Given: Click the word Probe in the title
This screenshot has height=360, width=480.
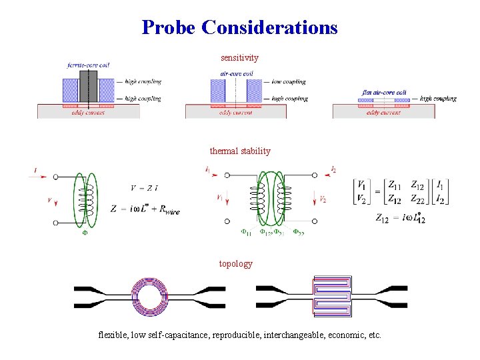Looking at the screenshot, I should click(169, 27).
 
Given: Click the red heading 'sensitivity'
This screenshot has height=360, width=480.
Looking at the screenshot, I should click(239, 58).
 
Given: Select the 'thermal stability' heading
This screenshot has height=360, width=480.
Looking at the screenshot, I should click(240, 151).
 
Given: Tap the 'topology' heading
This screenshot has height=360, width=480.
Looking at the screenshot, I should click(236, 263).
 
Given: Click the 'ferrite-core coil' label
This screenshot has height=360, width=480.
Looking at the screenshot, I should click(89, 65).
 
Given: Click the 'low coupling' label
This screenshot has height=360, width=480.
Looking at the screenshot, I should click(289, 82).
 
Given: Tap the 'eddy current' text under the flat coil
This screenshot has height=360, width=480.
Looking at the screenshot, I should click(383, 113).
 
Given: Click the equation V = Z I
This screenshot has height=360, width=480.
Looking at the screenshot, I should click(145, 187).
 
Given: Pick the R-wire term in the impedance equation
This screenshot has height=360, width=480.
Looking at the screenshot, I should click(166, 211).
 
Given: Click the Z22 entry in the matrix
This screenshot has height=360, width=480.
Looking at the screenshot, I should click(417, 198).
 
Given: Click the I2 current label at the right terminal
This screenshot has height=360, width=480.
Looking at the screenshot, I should click(333, 169).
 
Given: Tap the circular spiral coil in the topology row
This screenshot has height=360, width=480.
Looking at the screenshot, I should click(152, 297).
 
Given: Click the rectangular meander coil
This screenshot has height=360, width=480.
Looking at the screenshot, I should click(332, 295).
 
